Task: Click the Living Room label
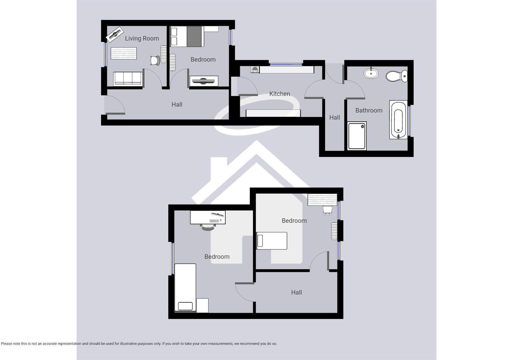pyautogui.click(x=142, y=38)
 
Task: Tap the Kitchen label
pyautogui.click(x=279, y=94)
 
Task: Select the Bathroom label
pyautogui.click(x=369, y=110)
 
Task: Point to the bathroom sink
pyautogui.click(x=371, y=73)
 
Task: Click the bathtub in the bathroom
pyautogui.click(x=398, y=120)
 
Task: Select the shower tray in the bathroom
pyautogui.click(x=357, y=136)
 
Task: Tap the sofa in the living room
pyautogui.click(x=128, y=79)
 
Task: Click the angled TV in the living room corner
pyautogui.click(x=115, y=35)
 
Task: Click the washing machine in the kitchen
pyautogui.click(x=255, y=70)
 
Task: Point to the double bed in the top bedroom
pyautogui.click(x=187, y=37)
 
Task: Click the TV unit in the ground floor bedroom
pyautogui.click(x=204, y=81)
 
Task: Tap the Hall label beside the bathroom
pyautogui.click(x=334, y=117)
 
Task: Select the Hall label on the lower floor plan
pyautogui.click(x=296, y=292)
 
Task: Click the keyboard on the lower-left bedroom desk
pyautogui.click(x=214, y=221)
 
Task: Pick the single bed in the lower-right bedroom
pyautogui.click(x=272, y=241)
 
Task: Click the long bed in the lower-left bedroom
pyautogui.click(x=185, y=288)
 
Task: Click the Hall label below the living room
pyautogui.click(x=177, y=104)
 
